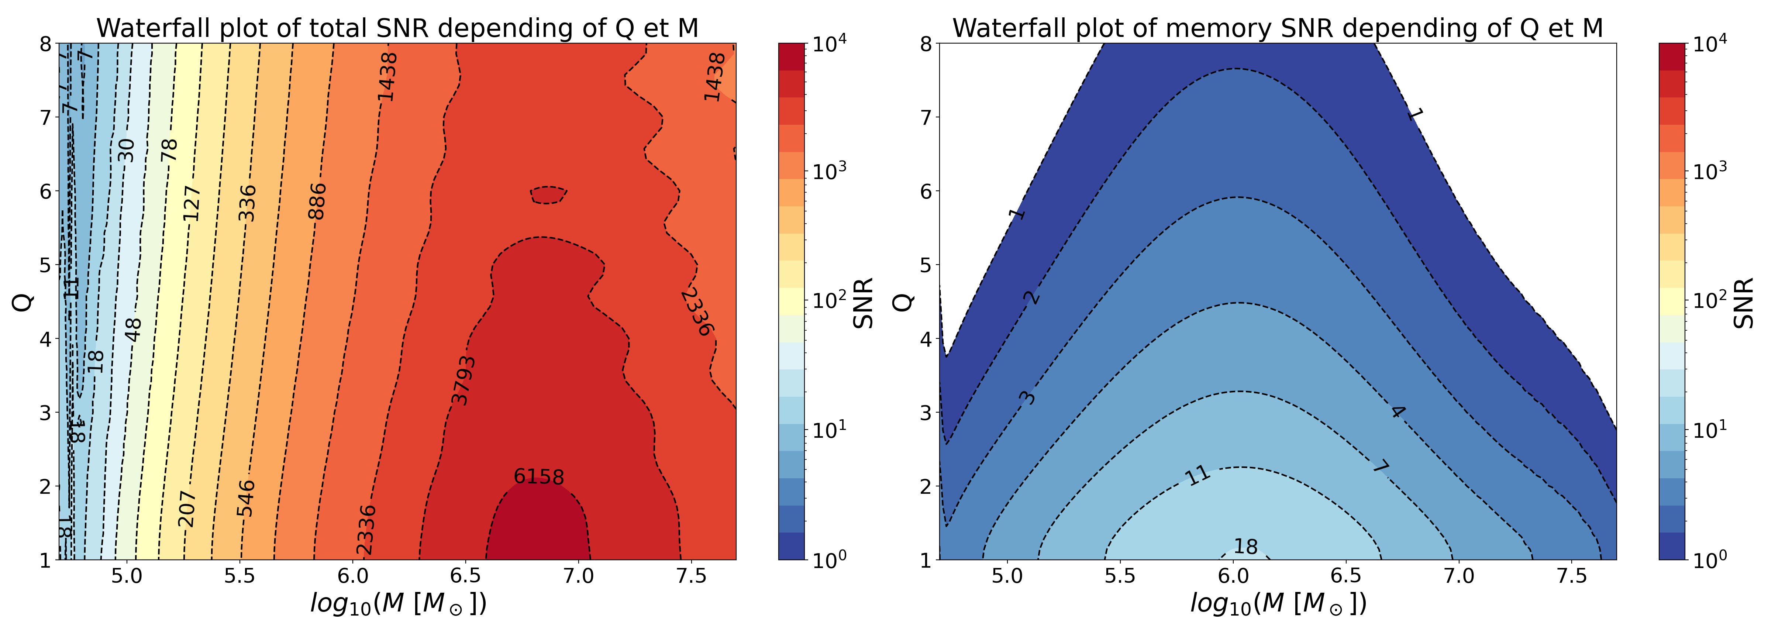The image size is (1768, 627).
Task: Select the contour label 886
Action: (317, 201)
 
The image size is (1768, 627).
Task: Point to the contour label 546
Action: (246, 498)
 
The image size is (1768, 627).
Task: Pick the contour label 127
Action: (192, 204)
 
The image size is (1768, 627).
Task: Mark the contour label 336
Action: (247, 203)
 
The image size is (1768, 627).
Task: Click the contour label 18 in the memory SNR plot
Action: (1246, 547)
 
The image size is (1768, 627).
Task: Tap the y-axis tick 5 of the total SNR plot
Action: (45, 265)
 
